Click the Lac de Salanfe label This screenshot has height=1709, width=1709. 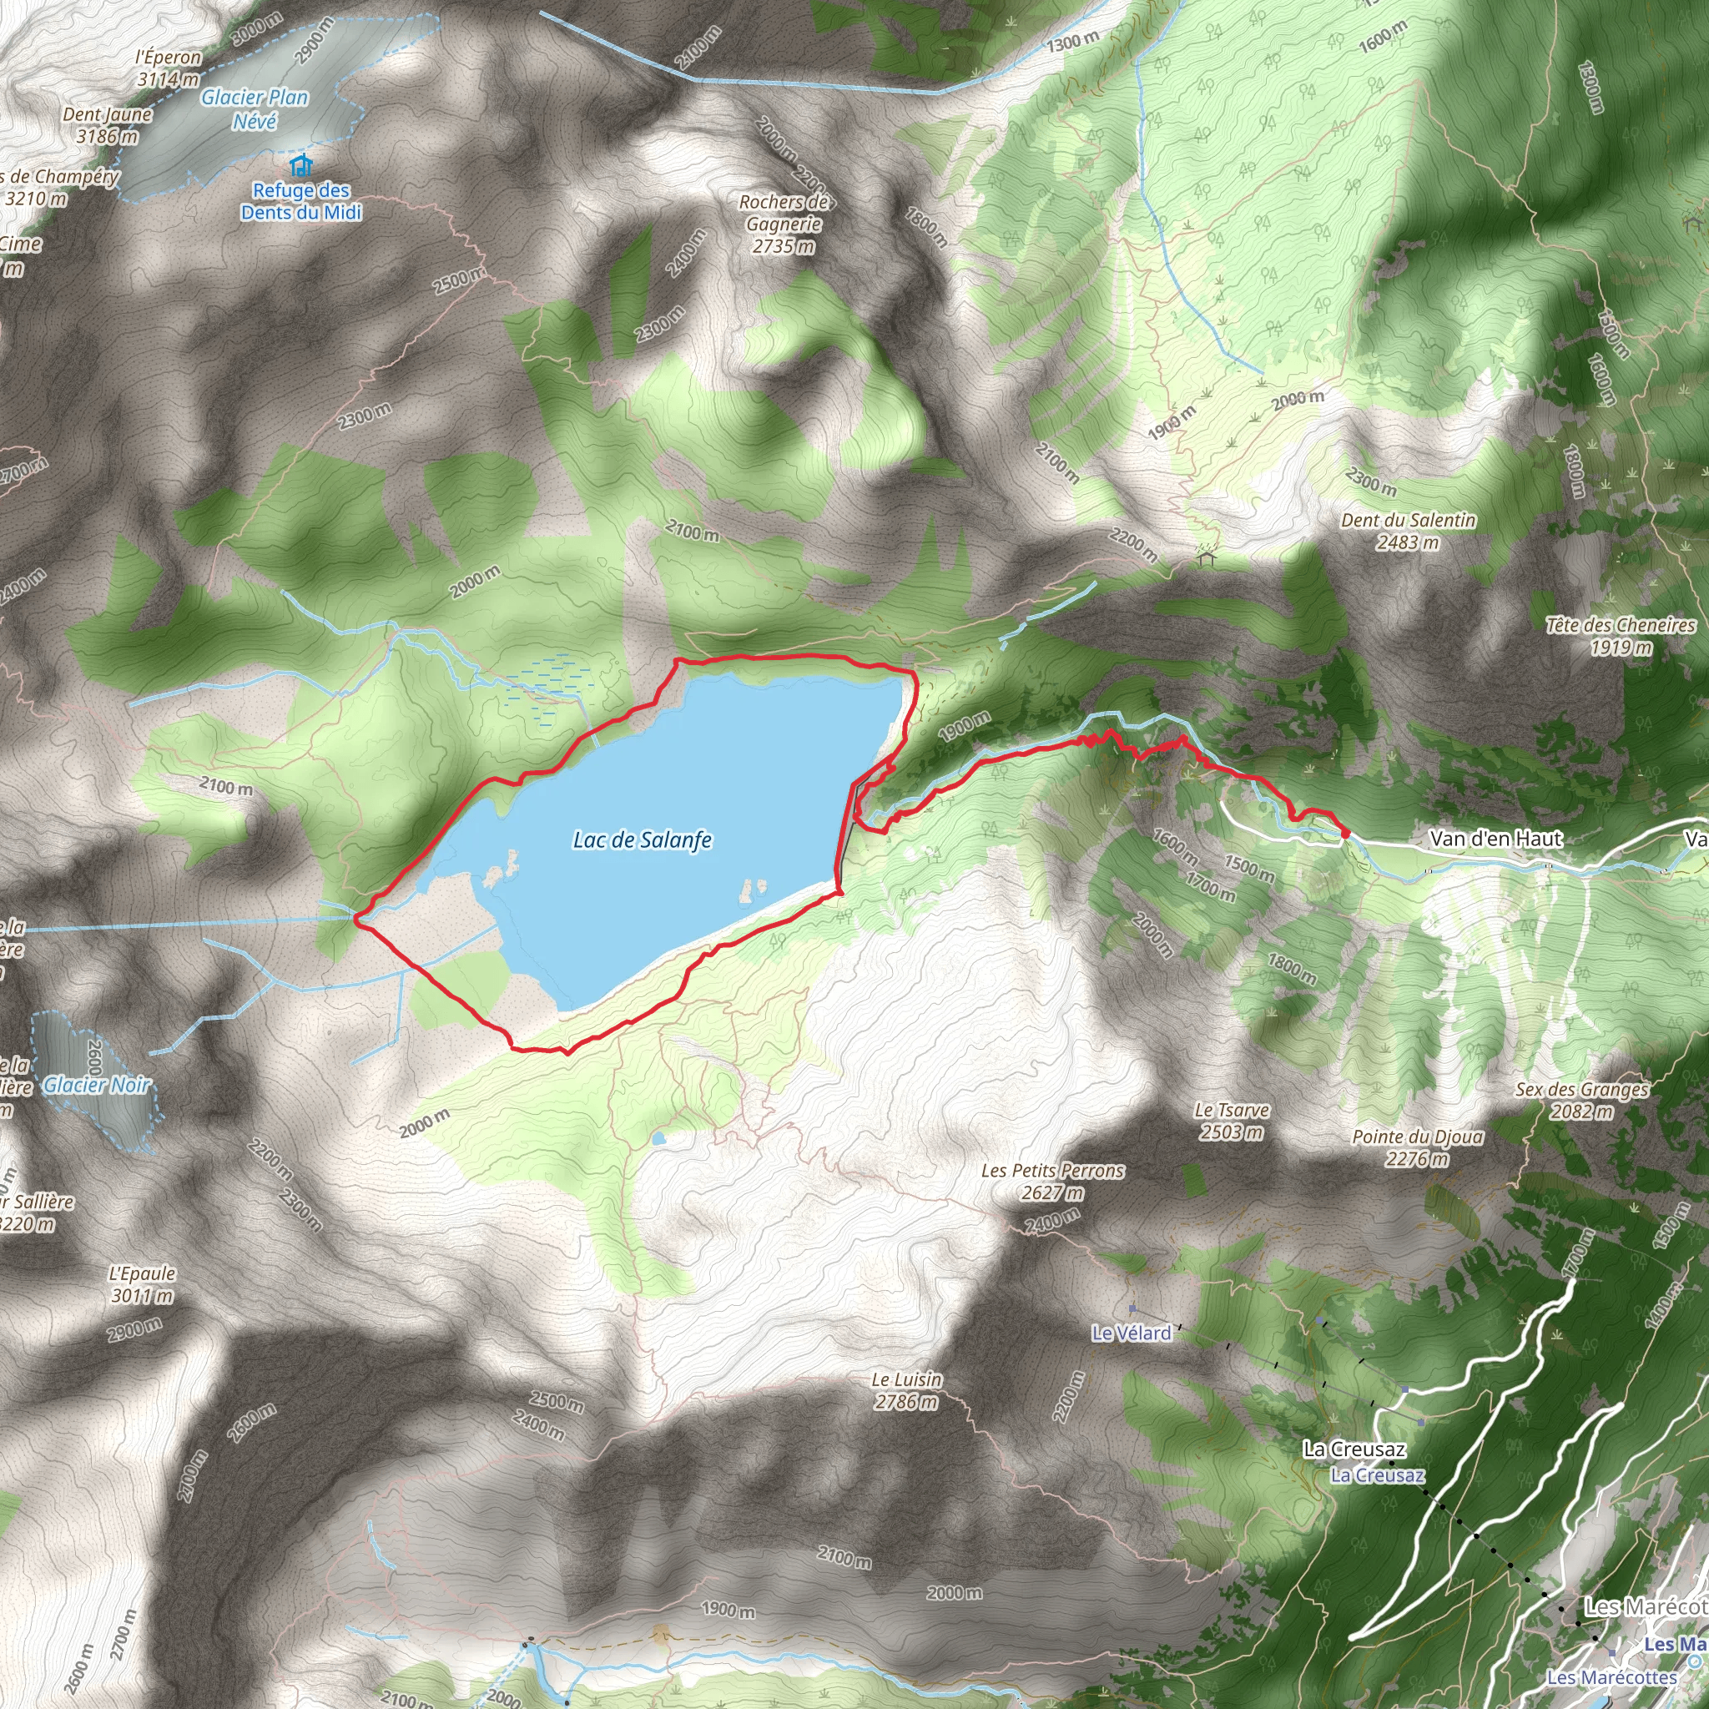[x=643, y=839]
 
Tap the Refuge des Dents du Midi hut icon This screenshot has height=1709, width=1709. [x=301, y=165]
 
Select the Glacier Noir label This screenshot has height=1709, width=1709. [x=98, y=1085]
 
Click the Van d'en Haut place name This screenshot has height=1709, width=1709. [x=1496, y=839]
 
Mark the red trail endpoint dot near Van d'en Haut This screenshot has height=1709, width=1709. [x=1345, y=832]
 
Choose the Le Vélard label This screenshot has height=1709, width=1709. [x=1132, y=1332]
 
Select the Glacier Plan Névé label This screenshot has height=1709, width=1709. [x=255, y=108]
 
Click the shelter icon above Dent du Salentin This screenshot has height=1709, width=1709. [x=1206, y=558]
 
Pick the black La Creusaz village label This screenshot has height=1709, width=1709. [x=1354, y=1449]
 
